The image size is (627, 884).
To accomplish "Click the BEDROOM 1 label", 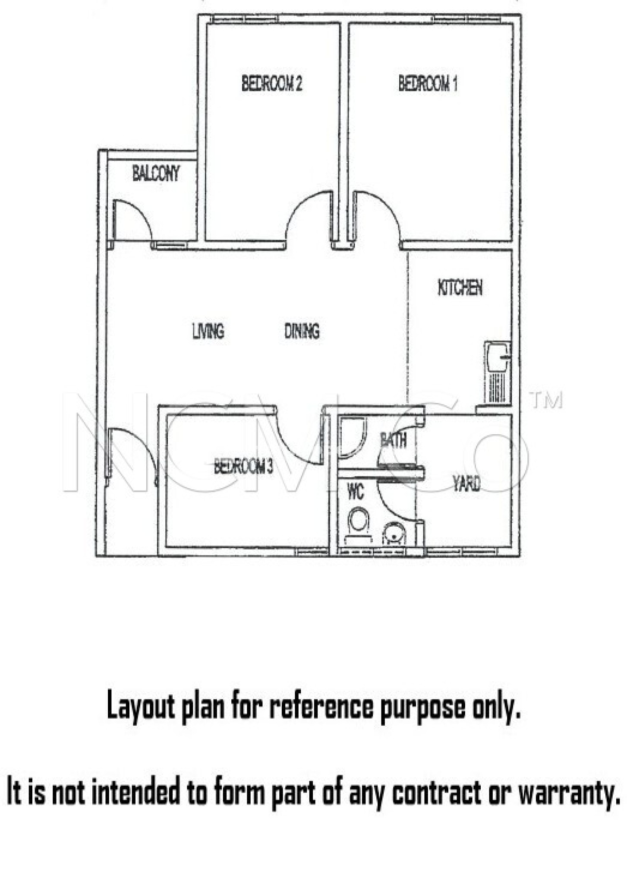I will click(x=427, y=83).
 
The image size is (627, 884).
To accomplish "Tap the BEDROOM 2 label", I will click(x=271, y=83).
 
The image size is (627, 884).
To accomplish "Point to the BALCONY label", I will click(x=156, y=174).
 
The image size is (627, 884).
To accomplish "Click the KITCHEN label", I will click(x=460, y=287).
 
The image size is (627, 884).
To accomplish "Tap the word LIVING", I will click(x=208, y=331).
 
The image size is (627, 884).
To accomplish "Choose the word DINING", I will click(x=302, y=331).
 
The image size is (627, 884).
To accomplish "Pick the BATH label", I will click(x=393, y=440).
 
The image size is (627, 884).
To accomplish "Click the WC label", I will click(x=356, y=492).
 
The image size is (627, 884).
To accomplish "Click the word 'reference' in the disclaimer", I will click(x=321, y=707).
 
